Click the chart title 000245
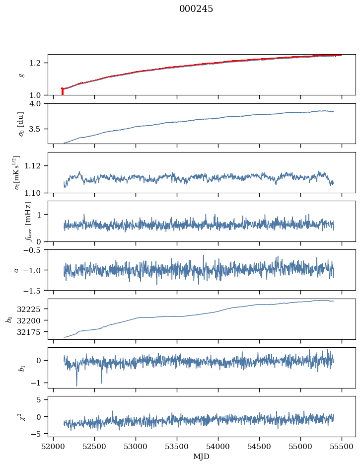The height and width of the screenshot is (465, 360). click(x=196, y=9)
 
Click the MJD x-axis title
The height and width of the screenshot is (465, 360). click(x=202, y=457)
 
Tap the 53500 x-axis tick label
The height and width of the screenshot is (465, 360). click(x=177, y=446)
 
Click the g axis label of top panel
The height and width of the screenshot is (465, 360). click(x=21, y=75)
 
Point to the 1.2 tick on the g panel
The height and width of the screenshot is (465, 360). click(x=39, y=63)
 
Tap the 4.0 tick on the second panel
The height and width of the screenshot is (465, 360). click(x=39, y=103)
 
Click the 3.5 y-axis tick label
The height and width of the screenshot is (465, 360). click(x=39, y=129)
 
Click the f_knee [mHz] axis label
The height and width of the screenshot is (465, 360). click(x=28, y=221)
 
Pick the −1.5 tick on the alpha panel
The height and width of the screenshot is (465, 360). click(x=36, y=290)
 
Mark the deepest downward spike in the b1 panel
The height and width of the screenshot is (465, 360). click(x=76, y=385)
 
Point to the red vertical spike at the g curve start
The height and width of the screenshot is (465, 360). click(x=62, y=91)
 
